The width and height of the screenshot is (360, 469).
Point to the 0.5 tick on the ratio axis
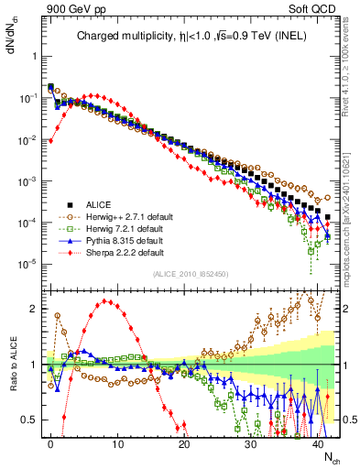pos(32,420)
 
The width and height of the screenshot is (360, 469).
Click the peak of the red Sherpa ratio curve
pos(108,300)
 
